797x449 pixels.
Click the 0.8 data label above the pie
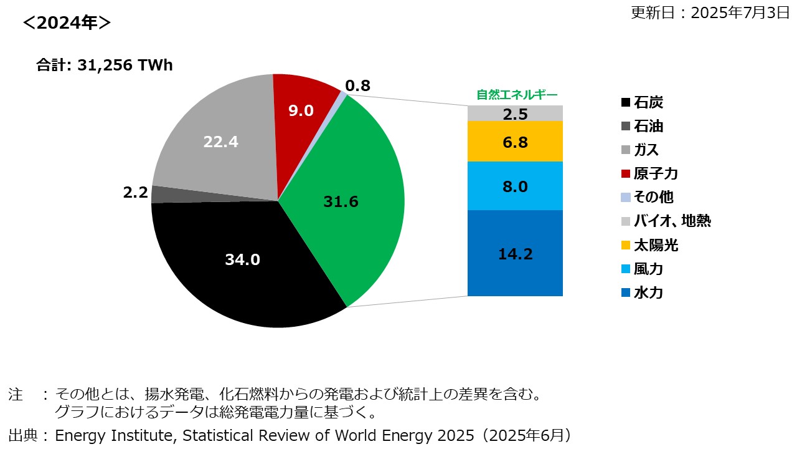click(x=357, y=86)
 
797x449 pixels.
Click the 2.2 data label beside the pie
click(x=135, y=193)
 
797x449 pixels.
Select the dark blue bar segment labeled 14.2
click(x=515, y=254)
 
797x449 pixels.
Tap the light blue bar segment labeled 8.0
click(x=515, y=186)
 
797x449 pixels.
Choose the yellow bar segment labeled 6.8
click(x=515, y=142)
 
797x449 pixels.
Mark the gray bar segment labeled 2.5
click(x=515, y=113)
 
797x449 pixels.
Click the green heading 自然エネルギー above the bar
click(x=517, y=95)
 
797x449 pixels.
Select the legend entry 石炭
click(x=648, y=102)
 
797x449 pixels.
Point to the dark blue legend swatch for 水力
click(x=625, y=292)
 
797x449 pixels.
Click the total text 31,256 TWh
click(x=125, y=65)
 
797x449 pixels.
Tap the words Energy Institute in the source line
click(x=110, y=435)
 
